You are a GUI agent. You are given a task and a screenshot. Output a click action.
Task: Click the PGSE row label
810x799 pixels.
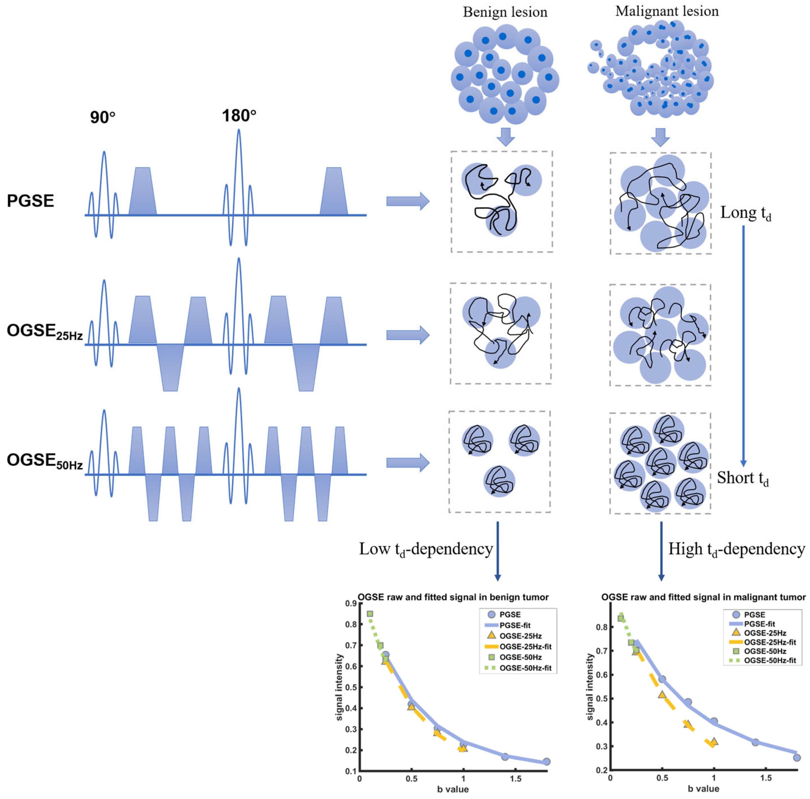pos(30,201)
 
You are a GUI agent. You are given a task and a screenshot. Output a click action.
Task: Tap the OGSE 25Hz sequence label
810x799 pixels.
pos(44,332)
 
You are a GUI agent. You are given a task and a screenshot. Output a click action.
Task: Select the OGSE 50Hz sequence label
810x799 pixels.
pos(44,461)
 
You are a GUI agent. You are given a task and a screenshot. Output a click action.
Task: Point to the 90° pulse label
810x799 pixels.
pos(103,118)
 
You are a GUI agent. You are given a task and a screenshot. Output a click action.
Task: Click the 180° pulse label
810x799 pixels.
pos(239,116)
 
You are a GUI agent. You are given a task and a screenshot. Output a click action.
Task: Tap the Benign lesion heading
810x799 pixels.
pos(505,12)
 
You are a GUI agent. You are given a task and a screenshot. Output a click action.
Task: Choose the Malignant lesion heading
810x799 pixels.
pos(666,11)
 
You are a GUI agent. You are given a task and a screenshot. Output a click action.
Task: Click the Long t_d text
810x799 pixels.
pos(745,213)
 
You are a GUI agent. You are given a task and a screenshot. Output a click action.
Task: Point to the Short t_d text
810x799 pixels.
pos(743,478)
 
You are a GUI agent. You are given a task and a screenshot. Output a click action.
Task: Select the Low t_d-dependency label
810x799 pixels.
pos(425,549)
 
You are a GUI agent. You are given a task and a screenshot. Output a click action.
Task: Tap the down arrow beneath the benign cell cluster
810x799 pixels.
pos(506,137)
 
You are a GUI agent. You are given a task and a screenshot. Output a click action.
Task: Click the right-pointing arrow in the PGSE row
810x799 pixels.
pos(408,201)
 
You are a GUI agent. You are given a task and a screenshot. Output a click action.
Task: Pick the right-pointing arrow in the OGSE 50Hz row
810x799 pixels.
pos(408,463)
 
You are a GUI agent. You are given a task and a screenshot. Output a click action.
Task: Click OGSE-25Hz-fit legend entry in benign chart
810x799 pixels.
pos(525,647)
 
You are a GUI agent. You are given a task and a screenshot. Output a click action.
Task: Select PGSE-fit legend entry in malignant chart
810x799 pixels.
pos(759,624)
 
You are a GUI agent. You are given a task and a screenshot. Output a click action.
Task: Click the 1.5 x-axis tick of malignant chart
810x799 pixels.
pos(766,778)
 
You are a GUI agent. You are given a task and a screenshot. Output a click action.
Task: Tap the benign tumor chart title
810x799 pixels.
pos(453,597)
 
